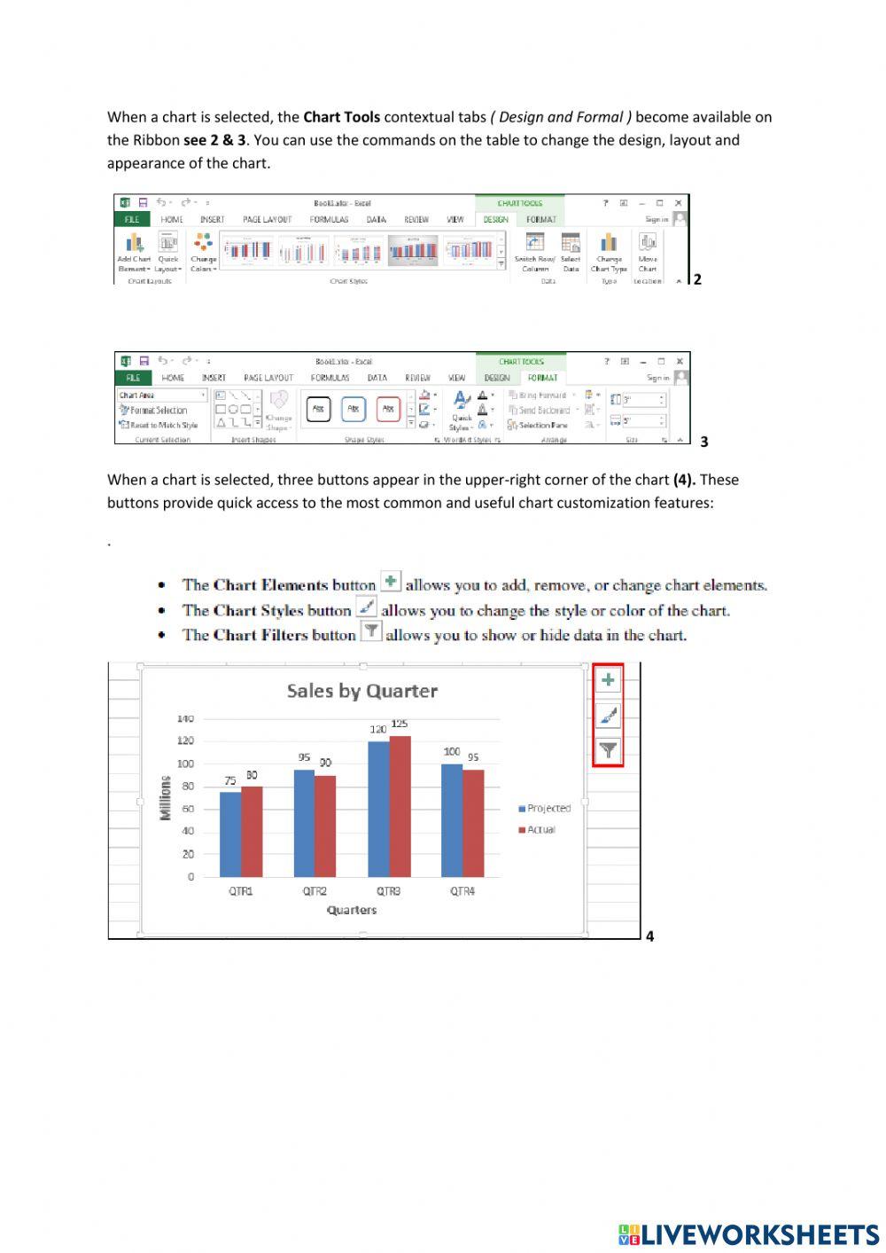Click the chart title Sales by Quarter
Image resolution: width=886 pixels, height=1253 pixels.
coord(361,691)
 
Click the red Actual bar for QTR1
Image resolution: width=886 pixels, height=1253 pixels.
coord(252,831)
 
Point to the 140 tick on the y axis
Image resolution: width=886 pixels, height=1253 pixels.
coord(184,719)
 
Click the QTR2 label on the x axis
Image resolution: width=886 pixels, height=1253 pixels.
coord(315,891)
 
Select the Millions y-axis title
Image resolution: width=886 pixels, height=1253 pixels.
coord(165,797)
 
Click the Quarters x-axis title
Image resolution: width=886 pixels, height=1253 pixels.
coord(352,910)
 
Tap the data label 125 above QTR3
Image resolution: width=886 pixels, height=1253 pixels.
coord(400,724)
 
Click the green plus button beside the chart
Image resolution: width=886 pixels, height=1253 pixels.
coord(608,680)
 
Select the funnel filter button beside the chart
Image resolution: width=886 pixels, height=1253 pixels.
coord(608,749)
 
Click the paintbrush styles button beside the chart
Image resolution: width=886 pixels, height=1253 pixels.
coord(608,715)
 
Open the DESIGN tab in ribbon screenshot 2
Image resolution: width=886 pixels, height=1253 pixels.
coord(495,220)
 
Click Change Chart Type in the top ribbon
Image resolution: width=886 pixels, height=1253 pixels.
coord(609,252)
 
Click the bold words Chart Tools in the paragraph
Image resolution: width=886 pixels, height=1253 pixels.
coord(341,117)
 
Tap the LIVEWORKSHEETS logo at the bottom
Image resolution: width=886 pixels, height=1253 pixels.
coord(749,1234)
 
